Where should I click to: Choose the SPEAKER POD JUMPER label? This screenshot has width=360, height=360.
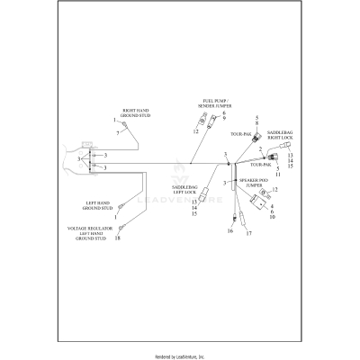(x=259, y=183)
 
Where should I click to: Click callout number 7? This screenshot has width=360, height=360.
(x=117, y=132)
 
